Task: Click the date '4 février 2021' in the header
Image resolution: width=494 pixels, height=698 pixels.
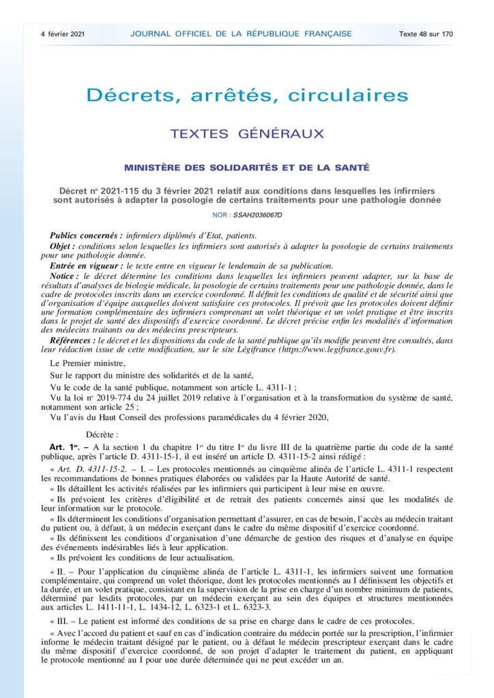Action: point(63,33)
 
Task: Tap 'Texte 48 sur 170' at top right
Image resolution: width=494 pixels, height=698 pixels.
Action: point(426,33)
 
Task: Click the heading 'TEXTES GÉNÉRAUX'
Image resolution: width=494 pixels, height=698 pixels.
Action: point(246,134)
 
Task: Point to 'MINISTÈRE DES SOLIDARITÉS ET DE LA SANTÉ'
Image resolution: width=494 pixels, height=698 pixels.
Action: point(246,168)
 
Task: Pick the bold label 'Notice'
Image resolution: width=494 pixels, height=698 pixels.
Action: point(66,275)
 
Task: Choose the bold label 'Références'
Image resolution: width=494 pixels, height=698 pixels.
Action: point(72,339)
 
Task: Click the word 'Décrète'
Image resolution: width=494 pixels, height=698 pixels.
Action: point(102,434)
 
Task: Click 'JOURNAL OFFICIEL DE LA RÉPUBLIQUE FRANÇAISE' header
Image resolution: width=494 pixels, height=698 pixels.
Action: point(241,33)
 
